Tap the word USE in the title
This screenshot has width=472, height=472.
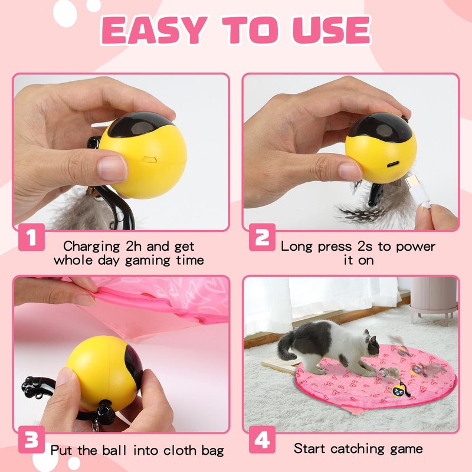(x=332, y=30)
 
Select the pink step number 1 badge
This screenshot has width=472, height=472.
(x=31, y=238)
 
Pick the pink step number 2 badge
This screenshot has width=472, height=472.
(x=262, y=238)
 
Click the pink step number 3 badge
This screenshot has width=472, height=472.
(x=31, y=440)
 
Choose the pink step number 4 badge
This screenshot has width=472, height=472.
(x=262, y=440)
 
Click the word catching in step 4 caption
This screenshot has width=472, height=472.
(x=358, y=449)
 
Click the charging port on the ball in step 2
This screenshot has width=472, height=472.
(x=393, y=165)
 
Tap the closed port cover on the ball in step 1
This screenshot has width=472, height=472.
(x=149, y=159)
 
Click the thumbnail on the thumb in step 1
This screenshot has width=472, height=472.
(x=112, y=168)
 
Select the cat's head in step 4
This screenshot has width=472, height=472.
(x=372, y=344)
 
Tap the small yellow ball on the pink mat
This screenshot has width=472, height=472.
(x=398, y=391)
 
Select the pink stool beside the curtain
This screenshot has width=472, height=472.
(x=434, y=301)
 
